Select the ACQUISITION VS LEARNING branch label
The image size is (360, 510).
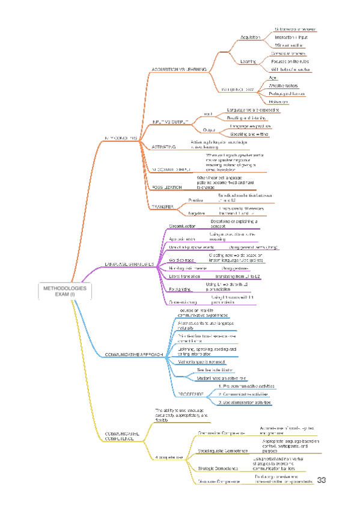click(x=179, y=70)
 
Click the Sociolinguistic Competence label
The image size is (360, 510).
click(x=222, y=434)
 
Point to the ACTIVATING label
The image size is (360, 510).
click(x=163, y=146)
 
